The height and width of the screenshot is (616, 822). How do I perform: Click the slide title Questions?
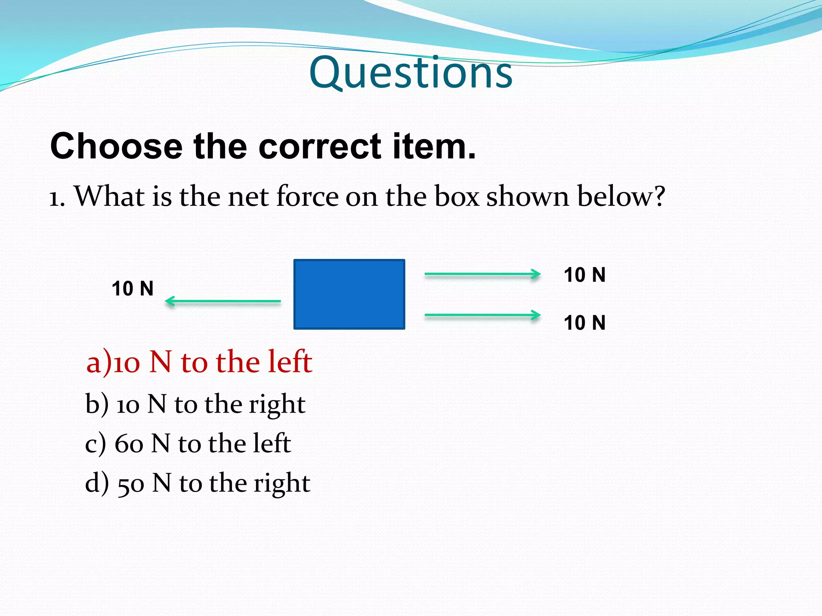pos(411,73)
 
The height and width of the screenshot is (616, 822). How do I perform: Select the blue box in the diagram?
pos(349,294)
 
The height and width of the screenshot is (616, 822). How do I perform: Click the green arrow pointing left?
pos(223,301)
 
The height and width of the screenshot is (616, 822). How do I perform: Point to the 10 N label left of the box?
pos(132,289)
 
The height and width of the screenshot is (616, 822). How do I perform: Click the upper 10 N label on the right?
pos(584,275)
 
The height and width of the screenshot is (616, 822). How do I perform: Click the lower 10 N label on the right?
pos(584,323)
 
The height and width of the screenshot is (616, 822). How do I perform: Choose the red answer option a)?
pos(199,362)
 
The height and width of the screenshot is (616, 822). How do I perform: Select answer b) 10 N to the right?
pos(195,404)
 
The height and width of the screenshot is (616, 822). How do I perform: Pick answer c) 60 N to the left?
pos(188,444)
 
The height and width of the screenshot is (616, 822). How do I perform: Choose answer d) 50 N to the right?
pos(197,483)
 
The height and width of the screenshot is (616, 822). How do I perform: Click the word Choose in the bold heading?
pos(116,146)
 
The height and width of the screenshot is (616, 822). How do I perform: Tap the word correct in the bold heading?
pos(319,146)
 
